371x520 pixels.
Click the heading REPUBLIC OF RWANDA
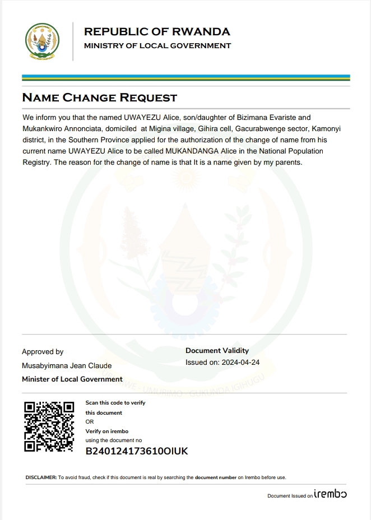point(157,32)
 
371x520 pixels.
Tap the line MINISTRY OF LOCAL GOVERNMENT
point(157,46)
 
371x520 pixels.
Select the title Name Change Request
point(99,97)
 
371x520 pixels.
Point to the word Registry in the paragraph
point(37,163)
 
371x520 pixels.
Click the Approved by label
point(43,352)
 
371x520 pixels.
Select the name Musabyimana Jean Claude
point(67,366)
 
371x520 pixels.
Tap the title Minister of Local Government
point(72,379)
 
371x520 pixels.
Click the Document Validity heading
point(217,351)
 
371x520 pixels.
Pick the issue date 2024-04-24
point(240,363)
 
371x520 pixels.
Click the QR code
point(49,426)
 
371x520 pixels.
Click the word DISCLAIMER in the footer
point(41,477)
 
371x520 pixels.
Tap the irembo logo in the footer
point(330,495)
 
